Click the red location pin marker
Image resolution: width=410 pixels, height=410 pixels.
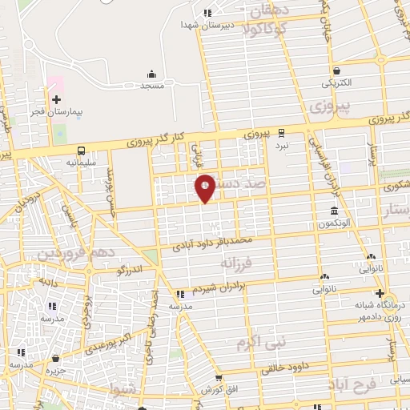click(x=205, y=187)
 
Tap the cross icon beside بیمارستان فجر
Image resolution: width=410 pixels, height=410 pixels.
click(x=56, y=100)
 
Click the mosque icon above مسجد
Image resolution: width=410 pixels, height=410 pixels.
click(x=151, y=74)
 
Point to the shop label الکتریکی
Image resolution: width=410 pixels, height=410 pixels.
click(x=337, y=82)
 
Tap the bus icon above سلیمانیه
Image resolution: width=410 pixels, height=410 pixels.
click(x=82, y=150)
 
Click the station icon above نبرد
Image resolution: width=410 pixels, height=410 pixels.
click(x=281, y=133)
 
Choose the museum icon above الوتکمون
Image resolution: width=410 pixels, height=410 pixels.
click(x=332, y=211)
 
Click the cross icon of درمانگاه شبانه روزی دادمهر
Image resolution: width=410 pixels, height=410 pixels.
click(x=380, y=293)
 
